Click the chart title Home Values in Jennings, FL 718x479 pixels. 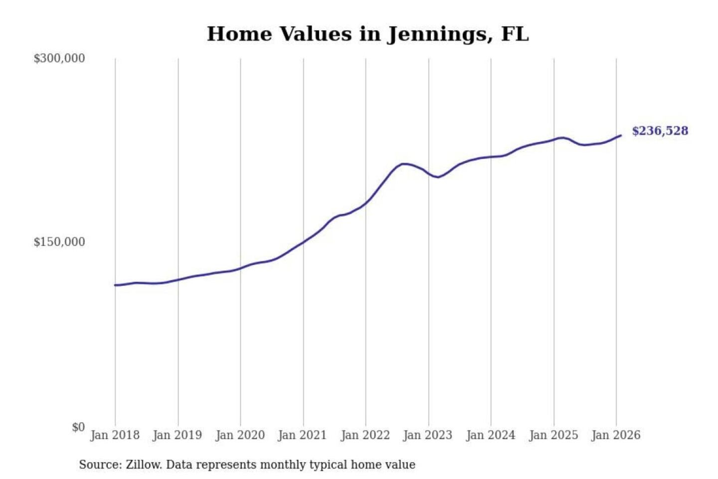(367, 34)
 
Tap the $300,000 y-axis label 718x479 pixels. (59, 58)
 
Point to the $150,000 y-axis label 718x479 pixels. (59, 242)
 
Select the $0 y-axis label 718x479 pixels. (78, 427)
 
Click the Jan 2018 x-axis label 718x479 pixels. (115, 435)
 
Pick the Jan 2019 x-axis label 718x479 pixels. (177, 435)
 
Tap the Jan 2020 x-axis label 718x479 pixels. (240, 435)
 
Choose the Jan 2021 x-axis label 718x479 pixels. (302, 435)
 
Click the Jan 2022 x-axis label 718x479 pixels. (365, 435)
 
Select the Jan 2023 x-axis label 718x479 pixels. (427, 435)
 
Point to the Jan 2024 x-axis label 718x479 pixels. (490, 435)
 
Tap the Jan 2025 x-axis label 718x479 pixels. (553, 435)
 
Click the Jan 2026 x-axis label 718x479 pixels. (615, 435)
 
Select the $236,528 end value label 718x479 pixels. (660, 131)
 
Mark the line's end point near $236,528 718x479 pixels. (621, 135)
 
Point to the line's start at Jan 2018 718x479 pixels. (115, 285)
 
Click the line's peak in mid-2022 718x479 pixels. (404, 164)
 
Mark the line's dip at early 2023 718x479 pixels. (438, 177)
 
